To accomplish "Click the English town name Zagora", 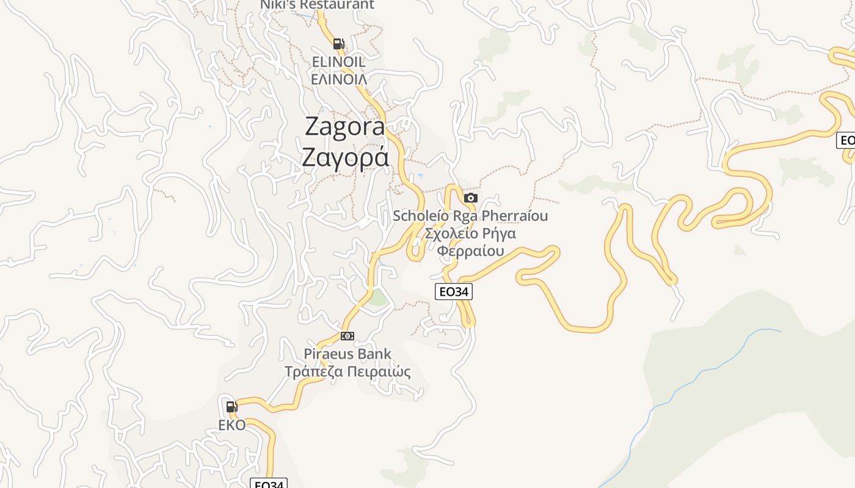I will click(x=345, y=126).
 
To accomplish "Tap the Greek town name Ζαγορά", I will click(x=345, y=157).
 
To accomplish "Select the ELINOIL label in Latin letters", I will click(x=338, y=62).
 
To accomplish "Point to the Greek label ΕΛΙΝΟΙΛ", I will click(x=338, y=79).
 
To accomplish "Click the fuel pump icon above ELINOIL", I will click(x=338, y=43).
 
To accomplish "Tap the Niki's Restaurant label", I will click(x=317, y=5).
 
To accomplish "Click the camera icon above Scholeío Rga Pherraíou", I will click(x=470, y=198).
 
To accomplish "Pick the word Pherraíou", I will click(x=515, y=216).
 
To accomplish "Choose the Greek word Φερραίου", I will click(x=470, y=251).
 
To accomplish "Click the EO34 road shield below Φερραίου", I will click(x=454, y=292).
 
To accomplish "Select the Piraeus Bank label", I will click(x=347, y=354).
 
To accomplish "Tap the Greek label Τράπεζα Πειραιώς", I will click(x=347, y=371).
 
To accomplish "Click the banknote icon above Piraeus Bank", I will click(x=347, y=336).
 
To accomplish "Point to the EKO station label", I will click(x=232, y=425).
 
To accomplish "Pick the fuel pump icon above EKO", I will click(x=231, y=406).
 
